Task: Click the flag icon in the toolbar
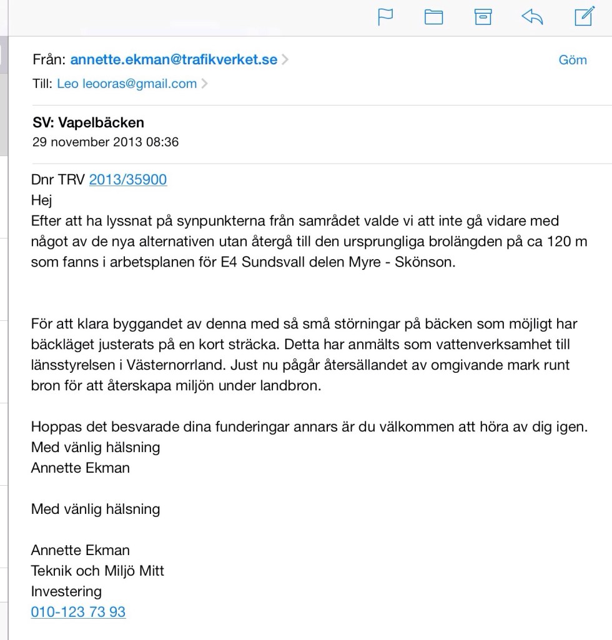[x=386, y=17]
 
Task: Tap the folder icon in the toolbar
[x=433, y=17]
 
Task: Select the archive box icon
[x=482, y=17]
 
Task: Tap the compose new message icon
[x=583, y=17]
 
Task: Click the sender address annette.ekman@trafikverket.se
[x=174, y=60]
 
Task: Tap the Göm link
[x=573, y=60]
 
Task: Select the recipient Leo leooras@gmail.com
[x=127, y=84]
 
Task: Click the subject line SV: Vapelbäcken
[x=88, y=122]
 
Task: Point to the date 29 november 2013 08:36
[x=106, y=142]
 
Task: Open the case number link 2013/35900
[x=128, y=180]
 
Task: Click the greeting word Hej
[x=42, y=200]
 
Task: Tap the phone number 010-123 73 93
[x=78, y=612]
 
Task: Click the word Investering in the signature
[x=66, y=591]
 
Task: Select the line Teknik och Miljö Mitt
[x=97, y=571]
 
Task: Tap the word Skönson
[x=429, y=262]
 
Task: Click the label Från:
[x=49, y=60]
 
